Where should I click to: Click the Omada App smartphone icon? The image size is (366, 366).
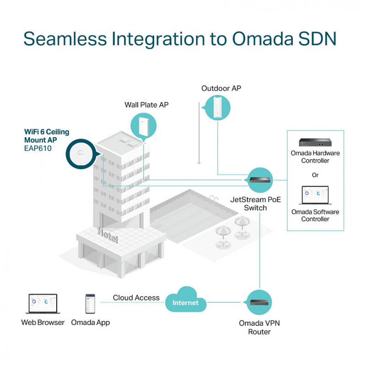pyautogui.click(x=90, y=304)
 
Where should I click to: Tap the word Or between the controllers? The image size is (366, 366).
pyautogui.click(x=315, y=175)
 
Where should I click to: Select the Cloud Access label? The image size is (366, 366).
pyautogui.click(x=136, y=298)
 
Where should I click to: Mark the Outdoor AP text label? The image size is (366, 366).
pyautogui.click(x=221, y=88)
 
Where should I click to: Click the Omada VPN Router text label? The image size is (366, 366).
pyautogui.click(x=259, y=327)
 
